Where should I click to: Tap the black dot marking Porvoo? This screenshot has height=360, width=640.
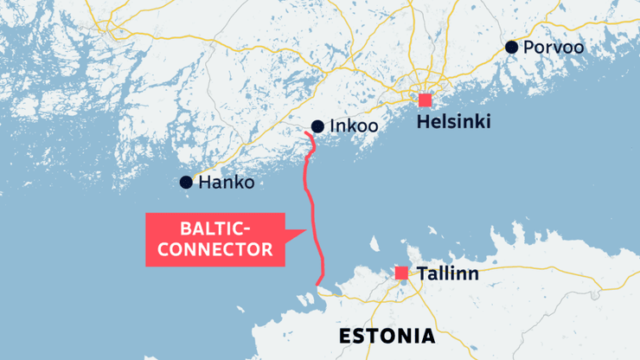512,47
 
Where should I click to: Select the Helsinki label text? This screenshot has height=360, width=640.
453,123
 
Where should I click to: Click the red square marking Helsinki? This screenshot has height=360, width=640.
425,100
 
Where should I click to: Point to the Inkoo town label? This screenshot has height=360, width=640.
355,127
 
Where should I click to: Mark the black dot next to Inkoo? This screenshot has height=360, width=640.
317,126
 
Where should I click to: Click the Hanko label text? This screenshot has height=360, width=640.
227,183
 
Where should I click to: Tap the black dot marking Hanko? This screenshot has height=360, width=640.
186,182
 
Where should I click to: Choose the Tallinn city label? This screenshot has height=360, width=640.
447,274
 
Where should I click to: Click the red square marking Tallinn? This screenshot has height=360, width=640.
401,273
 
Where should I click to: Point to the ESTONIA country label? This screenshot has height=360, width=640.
387,336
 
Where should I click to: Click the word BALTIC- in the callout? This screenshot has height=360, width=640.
215,229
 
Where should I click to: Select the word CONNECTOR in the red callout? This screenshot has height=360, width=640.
216,250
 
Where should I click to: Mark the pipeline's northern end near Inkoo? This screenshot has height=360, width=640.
309,134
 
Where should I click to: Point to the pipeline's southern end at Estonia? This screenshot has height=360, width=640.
320,286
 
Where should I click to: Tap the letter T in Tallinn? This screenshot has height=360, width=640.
422,274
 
